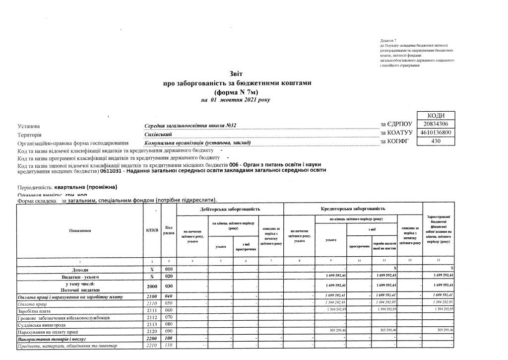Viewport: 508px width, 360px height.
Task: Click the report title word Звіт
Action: pos(237,73)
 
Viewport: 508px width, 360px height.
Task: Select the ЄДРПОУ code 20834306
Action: pos(436,124)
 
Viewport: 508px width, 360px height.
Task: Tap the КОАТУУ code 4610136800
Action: pos(436,133)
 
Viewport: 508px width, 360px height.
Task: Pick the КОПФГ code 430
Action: pos(436,142)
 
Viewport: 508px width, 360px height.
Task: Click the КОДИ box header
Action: pos(436,115)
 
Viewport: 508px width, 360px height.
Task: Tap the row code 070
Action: pos(169,317)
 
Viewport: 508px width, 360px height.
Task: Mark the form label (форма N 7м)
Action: pos(236,91)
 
